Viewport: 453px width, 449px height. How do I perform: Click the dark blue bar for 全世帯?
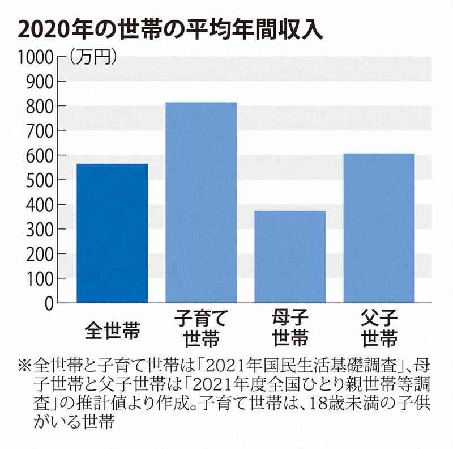point(112,233)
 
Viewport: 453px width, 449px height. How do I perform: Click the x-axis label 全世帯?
point(112,328)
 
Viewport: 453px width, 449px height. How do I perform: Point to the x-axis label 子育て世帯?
point(201,328)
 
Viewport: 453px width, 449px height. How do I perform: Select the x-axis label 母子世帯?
point(290,328)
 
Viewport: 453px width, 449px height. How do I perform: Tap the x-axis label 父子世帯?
point(379,328)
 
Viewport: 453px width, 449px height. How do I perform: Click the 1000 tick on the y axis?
point(35,57)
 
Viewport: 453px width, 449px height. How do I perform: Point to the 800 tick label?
point(39,106)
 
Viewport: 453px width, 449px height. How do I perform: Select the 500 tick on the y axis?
point(39,180)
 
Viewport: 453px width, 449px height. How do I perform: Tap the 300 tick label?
point(39,230)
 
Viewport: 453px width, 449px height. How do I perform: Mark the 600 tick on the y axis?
point(39,155)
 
